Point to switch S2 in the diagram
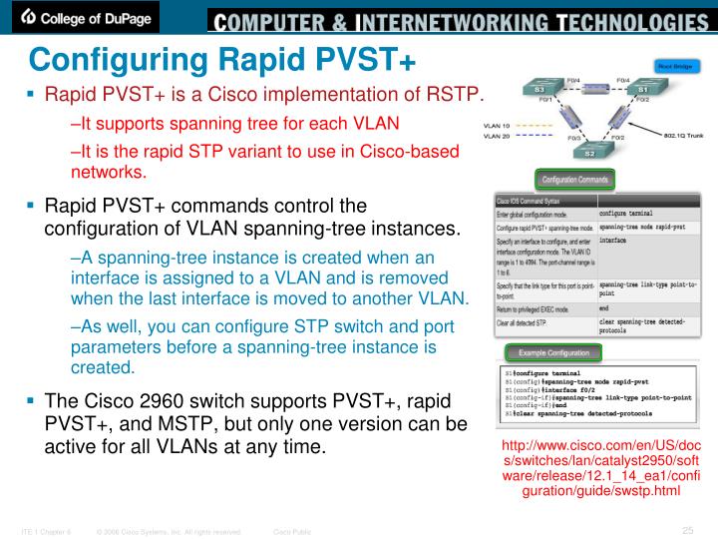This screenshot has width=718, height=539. tap(588, 152)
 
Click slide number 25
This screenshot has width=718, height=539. tap(687, 529)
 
